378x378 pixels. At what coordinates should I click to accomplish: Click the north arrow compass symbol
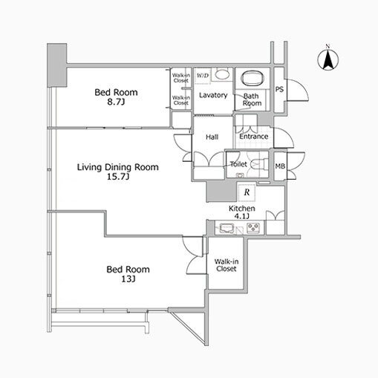pos(327,59)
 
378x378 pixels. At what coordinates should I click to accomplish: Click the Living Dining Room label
pos(118,168)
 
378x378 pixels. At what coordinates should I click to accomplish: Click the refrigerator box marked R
pos(247,192)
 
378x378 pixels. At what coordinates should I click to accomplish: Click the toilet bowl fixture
pos(256,163)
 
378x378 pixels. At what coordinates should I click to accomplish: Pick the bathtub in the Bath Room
pos(252,80)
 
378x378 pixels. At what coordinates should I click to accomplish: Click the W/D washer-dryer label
pos(203,76)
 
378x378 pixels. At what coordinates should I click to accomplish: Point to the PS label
pos(279,90)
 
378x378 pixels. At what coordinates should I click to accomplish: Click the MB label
pos(280,166)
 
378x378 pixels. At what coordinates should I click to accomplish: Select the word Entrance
pos(253,136)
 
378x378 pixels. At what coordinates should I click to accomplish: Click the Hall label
pos(212,137)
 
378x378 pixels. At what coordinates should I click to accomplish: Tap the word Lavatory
pos(213,95)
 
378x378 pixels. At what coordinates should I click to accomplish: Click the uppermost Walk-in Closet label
pos(180,77)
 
